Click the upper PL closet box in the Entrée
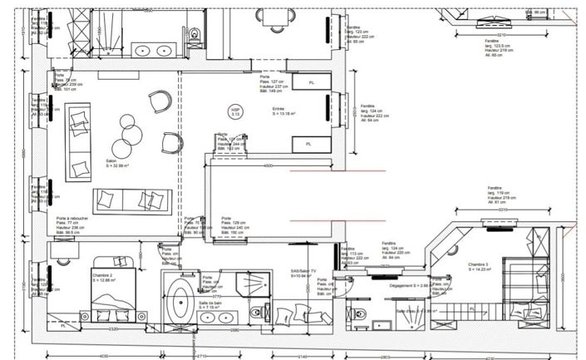pyautogui.click(x=310, y=82)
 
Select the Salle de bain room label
pyautogui.click(x=209, y=304)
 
